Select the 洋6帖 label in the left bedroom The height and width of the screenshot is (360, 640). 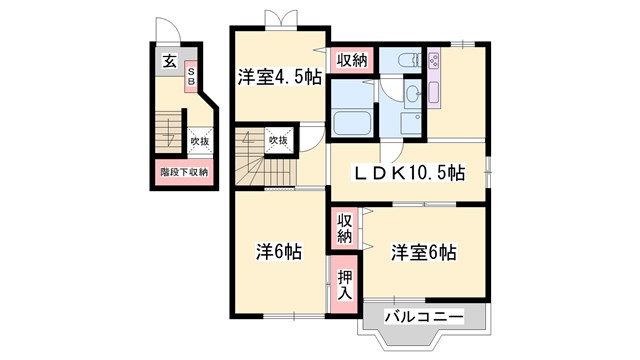pyautogui.click(x=278, y=251)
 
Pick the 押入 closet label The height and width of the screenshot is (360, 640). pyautogui.click(x=343, y=285)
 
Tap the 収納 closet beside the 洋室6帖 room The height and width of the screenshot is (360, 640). pyautogui.click(x=344, y=229)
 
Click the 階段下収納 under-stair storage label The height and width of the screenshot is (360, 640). pyautogui.click(x=184, y=172)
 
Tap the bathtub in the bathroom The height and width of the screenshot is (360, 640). pyautogui.click(x=351, y=126)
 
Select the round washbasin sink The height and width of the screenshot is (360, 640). pyautogui.click(x=413, y=96)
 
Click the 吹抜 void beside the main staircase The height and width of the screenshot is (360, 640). pyautogui.click(x=278, y=141)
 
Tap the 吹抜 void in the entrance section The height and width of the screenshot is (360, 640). pyautogui.click(x=200, y=141)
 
